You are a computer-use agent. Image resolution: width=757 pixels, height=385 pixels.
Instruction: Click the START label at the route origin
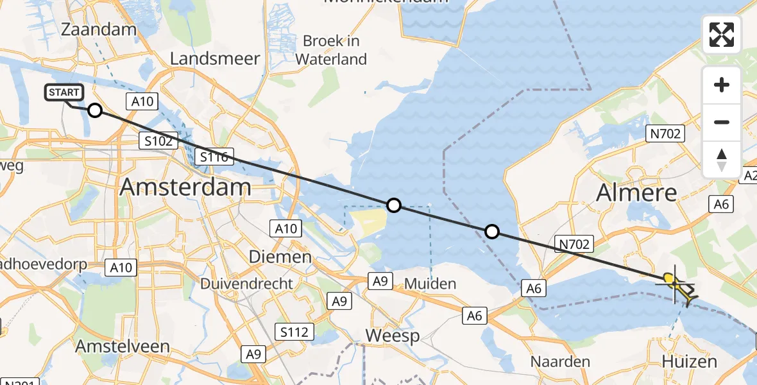[x=64, y=93]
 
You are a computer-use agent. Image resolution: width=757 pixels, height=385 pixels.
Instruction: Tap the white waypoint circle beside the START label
[x=94, y=110]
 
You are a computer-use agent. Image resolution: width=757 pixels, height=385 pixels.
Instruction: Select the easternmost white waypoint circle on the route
[x=491, y=232]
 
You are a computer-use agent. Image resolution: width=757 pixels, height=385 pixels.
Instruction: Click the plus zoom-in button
[x=722, y=85]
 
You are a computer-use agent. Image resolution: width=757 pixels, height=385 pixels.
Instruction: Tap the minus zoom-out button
[x=722, y=122]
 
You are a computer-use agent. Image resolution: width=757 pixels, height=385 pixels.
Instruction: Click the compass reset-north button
[x=722, y=159]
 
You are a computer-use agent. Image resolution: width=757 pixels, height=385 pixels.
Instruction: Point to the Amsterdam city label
[x=185, y=187]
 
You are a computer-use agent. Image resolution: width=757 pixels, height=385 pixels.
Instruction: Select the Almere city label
[x=636, y=192]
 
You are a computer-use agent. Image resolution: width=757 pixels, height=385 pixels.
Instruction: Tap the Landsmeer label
[x=215, y=58]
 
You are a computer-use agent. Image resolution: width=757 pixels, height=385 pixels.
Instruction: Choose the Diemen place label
[x=280, y=257]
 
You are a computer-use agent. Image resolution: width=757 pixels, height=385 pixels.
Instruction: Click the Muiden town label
[x=430, y=283]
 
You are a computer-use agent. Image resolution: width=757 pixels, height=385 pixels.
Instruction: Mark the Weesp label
[x=392, y=335]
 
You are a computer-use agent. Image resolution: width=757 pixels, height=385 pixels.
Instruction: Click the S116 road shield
[x=216, y=156]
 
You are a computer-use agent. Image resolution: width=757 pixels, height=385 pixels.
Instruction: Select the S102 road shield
[x=158, y=141]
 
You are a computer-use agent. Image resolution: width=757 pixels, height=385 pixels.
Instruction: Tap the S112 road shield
[x=296, y=332]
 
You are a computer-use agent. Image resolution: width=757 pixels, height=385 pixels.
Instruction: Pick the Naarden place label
[x=559, y=361]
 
